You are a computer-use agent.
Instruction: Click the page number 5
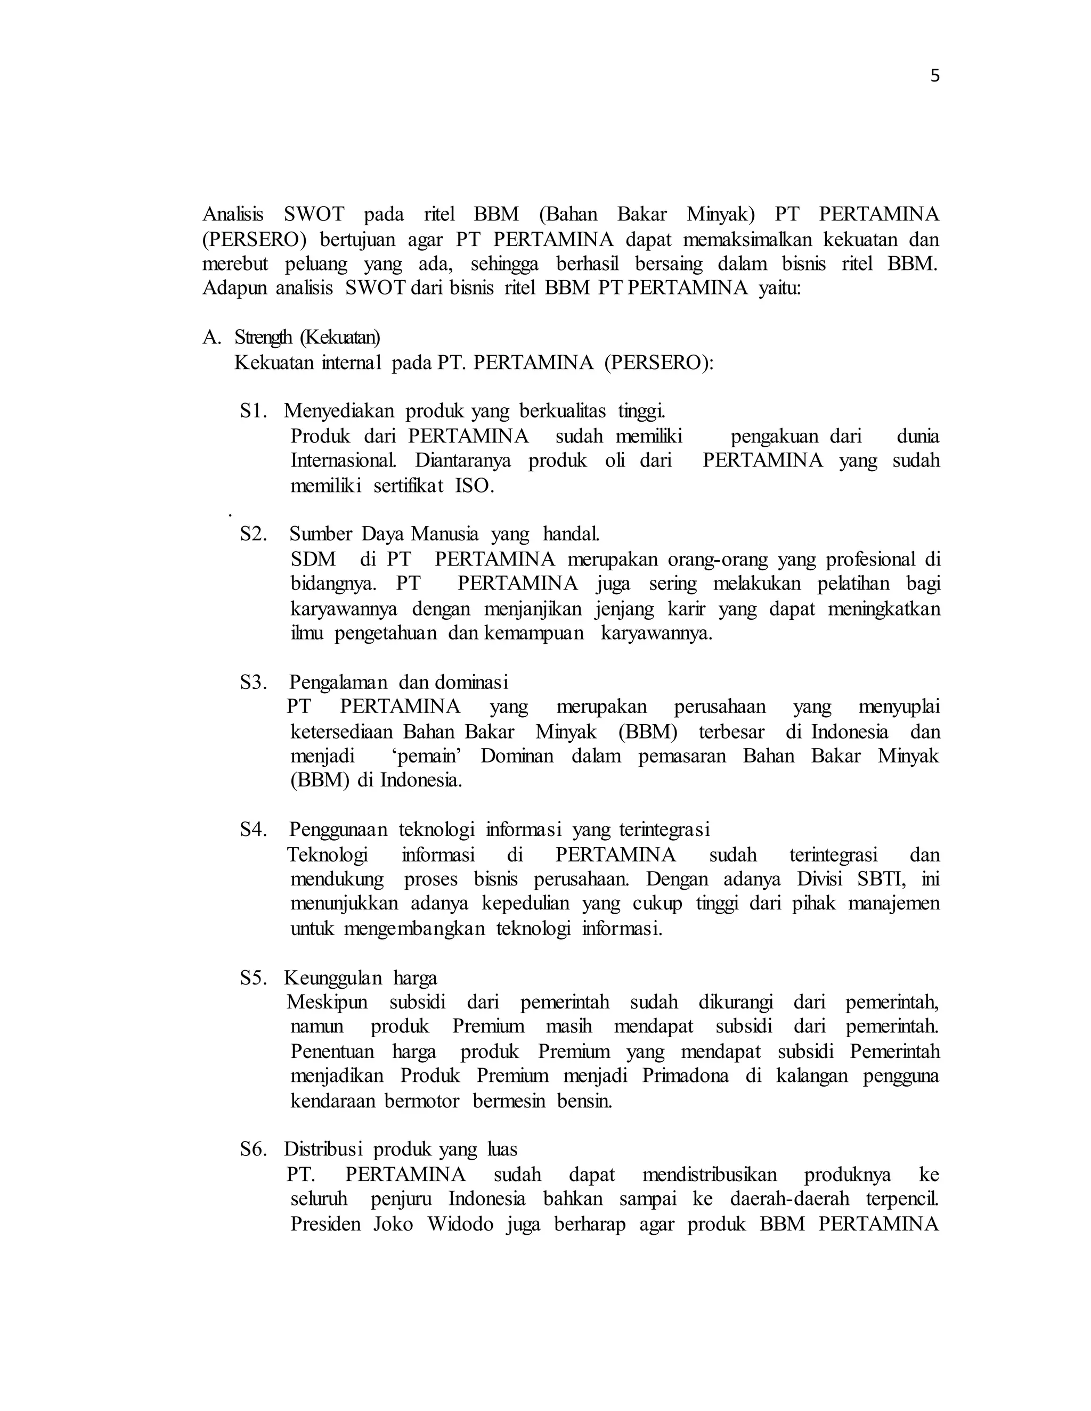click(934, 76)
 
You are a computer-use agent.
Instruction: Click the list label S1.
click(254, 411)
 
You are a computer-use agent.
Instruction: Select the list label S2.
click(254, 534)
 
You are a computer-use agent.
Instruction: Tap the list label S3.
click(254, 682)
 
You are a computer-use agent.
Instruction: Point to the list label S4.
click(254, 830)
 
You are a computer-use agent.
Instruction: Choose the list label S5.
click(254, 978)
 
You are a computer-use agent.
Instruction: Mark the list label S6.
click(254, 1150)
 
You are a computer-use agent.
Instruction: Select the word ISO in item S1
click(475, 486)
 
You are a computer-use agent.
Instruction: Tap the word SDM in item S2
click(313, 560)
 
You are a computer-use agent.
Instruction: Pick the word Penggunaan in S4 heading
click(338, 830)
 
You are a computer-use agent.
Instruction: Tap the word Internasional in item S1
click(344, 461)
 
